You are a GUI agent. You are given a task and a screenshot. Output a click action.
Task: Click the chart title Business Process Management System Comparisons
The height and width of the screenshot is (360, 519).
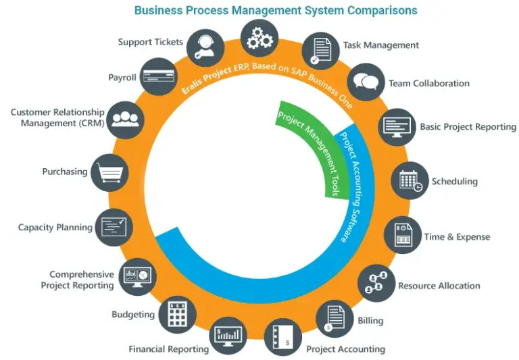(x=275, y=10)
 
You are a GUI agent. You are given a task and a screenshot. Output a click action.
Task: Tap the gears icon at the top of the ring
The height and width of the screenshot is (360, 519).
(x=259, y=38)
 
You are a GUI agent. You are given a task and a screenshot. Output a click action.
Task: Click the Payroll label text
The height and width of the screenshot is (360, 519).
(x=122, y=78)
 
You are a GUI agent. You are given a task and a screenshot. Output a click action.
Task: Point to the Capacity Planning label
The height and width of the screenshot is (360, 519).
(x=55, y=228)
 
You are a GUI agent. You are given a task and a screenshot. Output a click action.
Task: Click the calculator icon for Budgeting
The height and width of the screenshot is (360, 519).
(x=178, y=314)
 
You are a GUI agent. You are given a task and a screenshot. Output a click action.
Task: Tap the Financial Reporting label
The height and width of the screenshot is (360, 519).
(x=168, y=349)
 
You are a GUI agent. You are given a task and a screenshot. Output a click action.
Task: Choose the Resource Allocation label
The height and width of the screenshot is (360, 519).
(x=439, y=286)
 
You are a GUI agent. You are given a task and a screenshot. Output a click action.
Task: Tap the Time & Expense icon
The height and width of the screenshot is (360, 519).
(x=403, y=236)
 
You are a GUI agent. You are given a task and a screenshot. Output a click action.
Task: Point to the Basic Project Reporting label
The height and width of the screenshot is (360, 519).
(x=468, y=126)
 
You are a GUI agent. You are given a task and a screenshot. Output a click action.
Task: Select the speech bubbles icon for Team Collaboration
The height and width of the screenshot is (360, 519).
(x=368, y=82)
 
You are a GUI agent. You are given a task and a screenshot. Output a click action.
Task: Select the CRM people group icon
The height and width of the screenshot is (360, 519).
(x=126, y=120)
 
